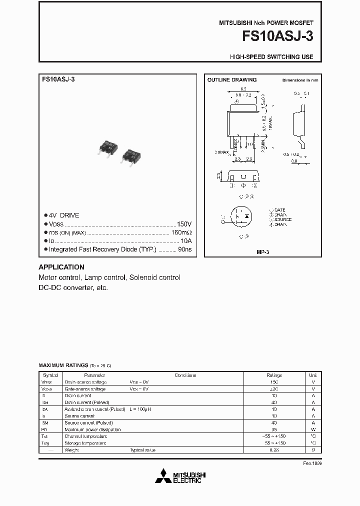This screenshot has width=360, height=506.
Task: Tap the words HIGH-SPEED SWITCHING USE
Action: click(x=271, y=57)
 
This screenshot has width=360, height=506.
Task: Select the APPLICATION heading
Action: click(x=61, y=267)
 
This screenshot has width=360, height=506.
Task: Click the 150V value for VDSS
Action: click(x=184, y=224)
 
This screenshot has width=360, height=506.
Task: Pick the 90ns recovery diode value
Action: click(x=185, y=248)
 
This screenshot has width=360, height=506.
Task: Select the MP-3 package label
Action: click(x=263, y=252)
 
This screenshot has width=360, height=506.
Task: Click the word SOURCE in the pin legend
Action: click(x=282, y=219)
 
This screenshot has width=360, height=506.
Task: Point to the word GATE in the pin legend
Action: click(x=279, y=210)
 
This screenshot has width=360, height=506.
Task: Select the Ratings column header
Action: click(x=274, y=375)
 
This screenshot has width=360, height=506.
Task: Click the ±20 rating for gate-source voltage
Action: click(x=274, y=389)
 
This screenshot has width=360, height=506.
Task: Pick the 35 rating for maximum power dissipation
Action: click(x=274, y=429)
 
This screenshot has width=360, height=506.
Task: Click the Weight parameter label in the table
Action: click(x=71, y=450)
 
